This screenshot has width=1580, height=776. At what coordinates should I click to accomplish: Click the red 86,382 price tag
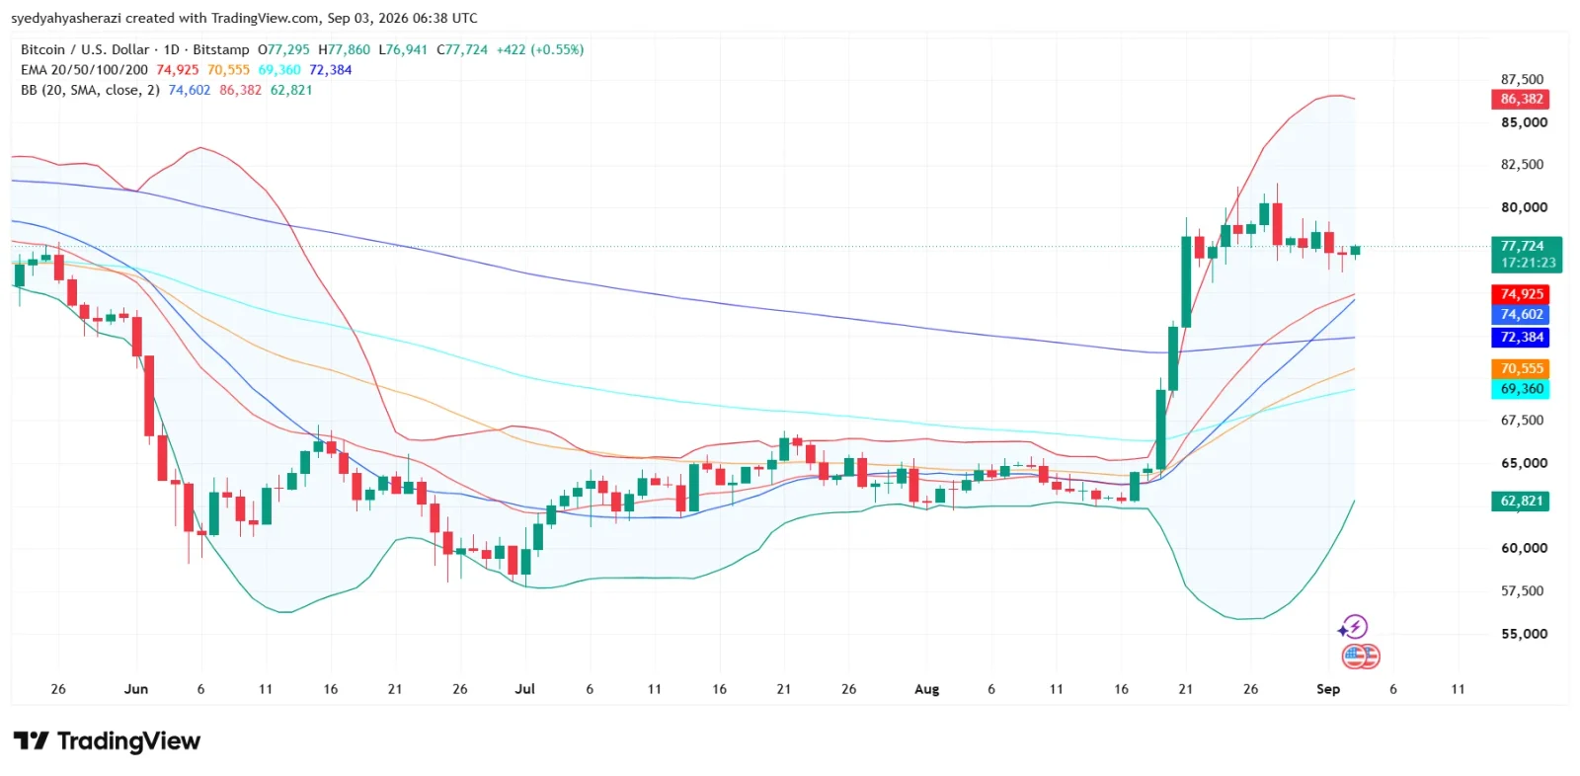point(1520,99)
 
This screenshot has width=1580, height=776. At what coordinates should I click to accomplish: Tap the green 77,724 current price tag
point(1527,254)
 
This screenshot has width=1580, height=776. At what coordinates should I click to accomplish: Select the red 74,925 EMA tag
point(1520,293)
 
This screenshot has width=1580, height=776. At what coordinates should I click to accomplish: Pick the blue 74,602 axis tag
point(1520,314)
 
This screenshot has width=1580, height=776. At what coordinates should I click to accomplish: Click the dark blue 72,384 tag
point(1520,338)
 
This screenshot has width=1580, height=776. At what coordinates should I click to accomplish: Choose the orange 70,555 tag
point(1520,368)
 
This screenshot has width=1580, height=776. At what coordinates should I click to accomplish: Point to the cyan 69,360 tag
point(1520,389)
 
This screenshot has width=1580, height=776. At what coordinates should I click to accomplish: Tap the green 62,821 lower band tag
point(1520,501)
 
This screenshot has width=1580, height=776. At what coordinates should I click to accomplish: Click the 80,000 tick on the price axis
point(1524,207)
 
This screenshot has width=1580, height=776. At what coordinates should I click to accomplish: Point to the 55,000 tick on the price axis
point(1524,634)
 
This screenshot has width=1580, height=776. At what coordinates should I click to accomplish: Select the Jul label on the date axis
point(524,689)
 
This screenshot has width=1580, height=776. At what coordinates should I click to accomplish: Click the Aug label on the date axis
point(926,689)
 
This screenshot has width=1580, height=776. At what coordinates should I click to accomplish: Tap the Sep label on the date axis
point(1327,689)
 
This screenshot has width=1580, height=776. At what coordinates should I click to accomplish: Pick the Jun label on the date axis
point(135,689)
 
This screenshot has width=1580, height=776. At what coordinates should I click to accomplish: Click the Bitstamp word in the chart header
point(221,49)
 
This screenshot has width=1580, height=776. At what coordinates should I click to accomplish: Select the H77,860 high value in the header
point(344,49)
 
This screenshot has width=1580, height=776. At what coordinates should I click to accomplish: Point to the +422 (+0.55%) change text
point(539,49)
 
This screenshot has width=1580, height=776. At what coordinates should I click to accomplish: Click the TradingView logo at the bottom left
point(108,740)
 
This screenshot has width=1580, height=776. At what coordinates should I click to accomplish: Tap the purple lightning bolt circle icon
point(1354,627)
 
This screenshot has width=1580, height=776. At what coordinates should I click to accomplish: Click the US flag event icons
point(1361,657)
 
